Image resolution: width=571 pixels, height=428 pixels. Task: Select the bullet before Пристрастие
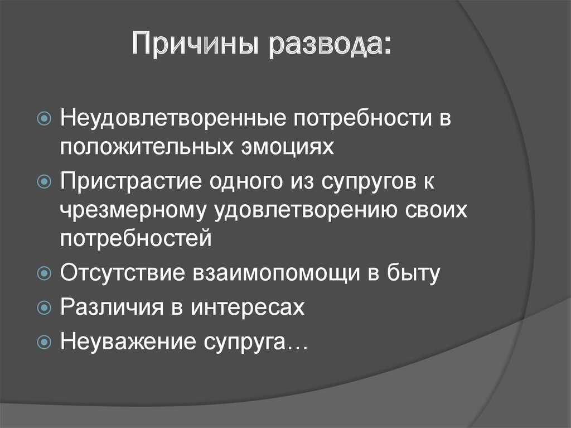pos(44,181)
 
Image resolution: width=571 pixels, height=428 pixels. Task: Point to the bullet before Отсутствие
pos(44,273)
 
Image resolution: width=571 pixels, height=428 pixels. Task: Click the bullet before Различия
pos(44,307)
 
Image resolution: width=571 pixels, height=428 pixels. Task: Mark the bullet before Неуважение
pos(44,342)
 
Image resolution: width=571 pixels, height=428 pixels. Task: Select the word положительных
pos(147,147)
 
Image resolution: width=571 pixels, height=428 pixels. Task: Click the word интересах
pos(248,307)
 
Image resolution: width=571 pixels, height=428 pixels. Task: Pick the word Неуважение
pos(128,342)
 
